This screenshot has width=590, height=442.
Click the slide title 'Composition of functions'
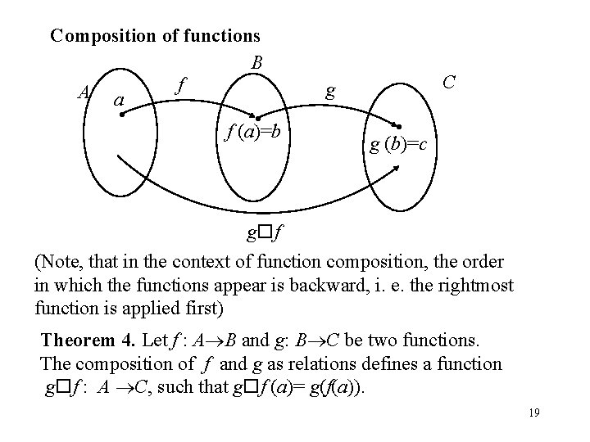tap(155, 35)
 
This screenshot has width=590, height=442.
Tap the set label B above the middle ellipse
tap(256, 62)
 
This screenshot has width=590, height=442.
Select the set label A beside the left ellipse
tap(82, 93)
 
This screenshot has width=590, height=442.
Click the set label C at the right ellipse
tap(448, 82)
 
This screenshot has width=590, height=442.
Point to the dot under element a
tap(121, 115)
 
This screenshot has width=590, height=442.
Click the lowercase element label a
tap(120, 101)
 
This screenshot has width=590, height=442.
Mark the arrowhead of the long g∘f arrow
tap(398, 167)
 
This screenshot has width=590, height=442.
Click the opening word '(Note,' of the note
tap(59, 263)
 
